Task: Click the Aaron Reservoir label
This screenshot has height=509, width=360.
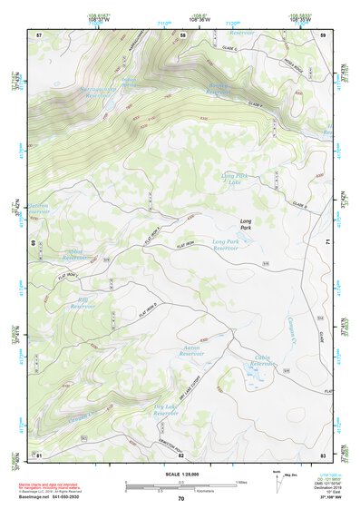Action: (x=190, y=350)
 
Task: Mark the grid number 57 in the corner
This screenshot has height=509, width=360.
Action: (x=39, y=34)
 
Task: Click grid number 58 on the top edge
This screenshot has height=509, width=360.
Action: (x=183, y=34)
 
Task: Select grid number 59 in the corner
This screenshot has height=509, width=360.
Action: (x=323, y=34)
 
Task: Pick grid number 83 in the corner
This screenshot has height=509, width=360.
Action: (x=323, y=454)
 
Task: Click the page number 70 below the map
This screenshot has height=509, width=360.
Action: (x=180, y=498)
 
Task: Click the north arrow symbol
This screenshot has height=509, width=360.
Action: (x=276, y=475)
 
